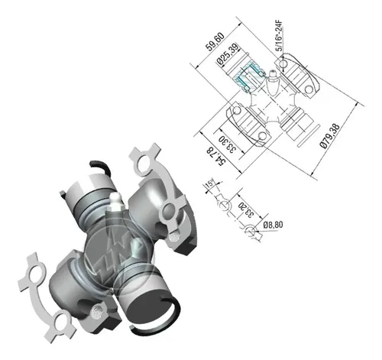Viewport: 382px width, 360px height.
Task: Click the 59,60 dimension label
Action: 215,41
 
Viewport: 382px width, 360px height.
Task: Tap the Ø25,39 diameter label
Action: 228,54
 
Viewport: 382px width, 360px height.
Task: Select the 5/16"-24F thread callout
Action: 280,36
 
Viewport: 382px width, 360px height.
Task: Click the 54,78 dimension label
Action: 216,156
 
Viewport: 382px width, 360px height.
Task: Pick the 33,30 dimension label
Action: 228,144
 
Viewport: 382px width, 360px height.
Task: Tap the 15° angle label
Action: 210,183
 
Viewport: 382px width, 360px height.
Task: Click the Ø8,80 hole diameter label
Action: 273,225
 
